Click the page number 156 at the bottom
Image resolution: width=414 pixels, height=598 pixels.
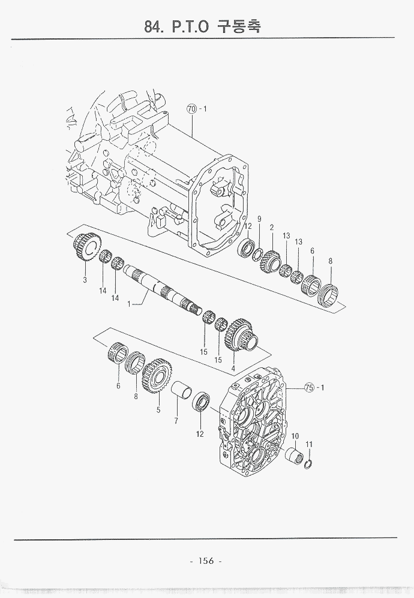click(x=206, y=561)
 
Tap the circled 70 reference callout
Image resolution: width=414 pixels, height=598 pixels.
click(x=191, y=108)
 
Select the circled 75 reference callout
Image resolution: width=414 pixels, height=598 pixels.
click(x=310, y=388)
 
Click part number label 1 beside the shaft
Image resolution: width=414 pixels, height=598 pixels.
click(x=129, y=304)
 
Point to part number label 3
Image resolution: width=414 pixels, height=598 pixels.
click(x=85, y=280)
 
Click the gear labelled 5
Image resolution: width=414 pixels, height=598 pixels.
click(x=157, y=377)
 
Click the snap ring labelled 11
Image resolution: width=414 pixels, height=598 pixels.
click(x=308, y=465)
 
